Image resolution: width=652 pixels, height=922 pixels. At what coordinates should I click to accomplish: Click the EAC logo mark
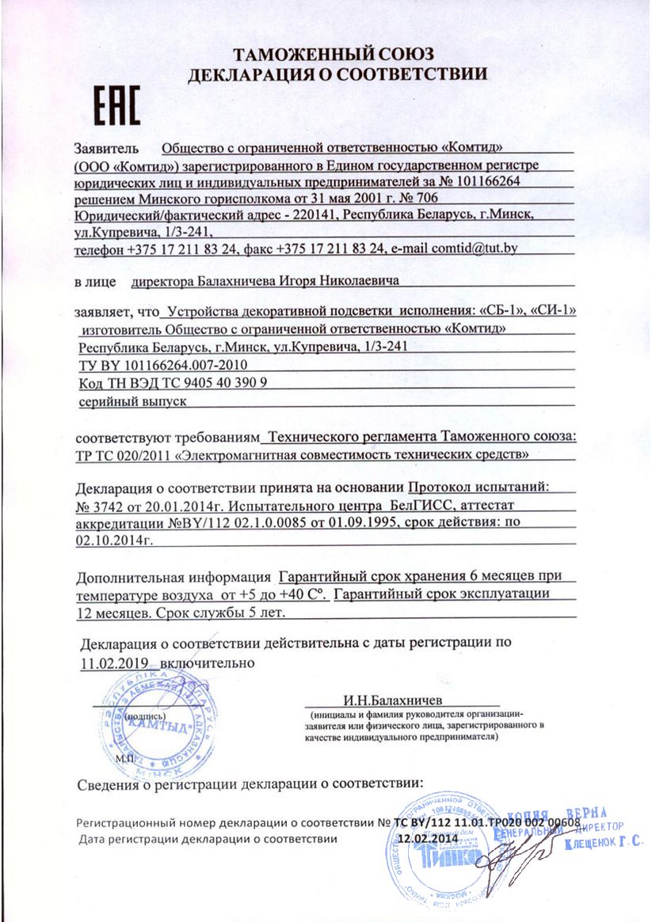117,106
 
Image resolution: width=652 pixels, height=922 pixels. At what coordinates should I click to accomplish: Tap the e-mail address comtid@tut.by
474,248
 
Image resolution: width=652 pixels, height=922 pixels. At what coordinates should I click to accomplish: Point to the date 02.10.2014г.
112,538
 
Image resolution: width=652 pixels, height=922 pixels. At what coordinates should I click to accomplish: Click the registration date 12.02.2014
427,838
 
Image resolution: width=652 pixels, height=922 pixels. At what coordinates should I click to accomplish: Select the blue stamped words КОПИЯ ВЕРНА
559,814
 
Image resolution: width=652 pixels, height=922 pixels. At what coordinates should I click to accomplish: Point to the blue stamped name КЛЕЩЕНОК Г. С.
603,844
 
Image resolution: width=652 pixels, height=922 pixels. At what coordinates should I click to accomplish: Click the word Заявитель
106,147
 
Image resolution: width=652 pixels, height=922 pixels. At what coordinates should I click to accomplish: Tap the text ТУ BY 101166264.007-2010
164,365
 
